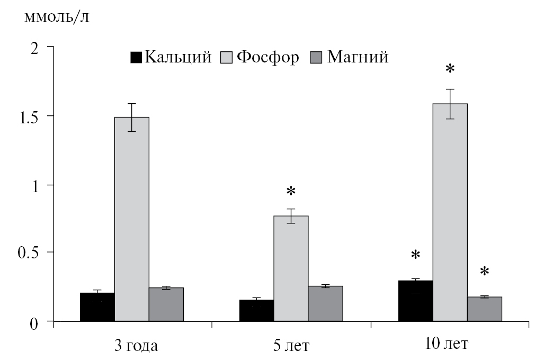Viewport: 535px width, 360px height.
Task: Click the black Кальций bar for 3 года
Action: pyautogui.click(x=97, y=307)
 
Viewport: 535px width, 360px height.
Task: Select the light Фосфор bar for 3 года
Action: pyautogui.click(x=132, y=219)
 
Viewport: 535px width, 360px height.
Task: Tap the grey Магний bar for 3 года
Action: pyautogui.click(x=166, y=304)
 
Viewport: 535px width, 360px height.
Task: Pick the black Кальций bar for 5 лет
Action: pyautogui.click(x=257, y=310)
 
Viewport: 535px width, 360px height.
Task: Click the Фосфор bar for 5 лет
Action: pyautogui.click(x=291, y=268)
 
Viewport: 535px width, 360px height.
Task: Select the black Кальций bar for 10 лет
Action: pyautogui.click(x=415, y=301)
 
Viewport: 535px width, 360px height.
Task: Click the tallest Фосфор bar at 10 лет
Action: pyautogui.click(x=450, y=212)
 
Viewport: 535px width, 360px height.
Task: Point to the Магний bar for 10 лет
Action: pyautogui.click(x=485, y=309)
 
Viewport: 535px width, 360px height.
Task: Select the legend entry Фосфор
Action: pyautogui.click(x=267, y=57)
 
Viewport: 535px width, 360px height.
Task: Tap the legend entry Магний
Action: pyautogui.click(x=358, y=57)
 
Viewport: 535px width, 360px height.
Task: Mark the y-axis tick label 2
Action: pyautogui.click(x=35, y=48)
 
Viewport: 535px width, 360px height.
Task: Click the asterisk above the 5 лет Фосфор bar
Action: pyautogui.click(x=290, y=192)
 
